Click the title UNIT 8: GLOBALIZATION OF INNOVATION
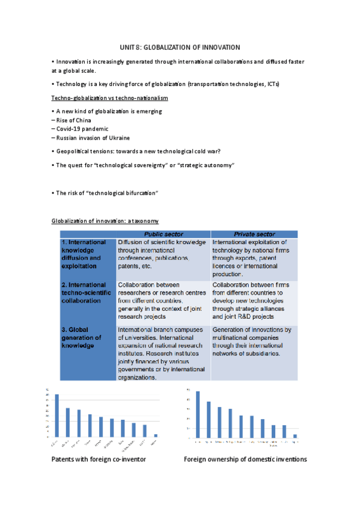(x=180, y=47)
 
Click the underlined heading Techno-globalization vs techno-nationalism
(x=110, y=97)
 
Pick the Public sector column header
(x=162, y=234)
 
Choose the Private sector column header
(x=254, y=234)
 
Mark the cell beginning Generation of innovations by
(x=254, y=342)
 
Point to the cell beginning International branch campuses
(x=162, y=354)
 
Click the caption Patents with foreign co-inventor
(x=99, y=459)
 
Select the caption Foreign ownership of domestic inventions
(x=245, y=459)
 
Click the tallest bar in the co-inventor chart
(x=57, y=415)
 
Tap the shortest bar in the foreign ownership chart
(x=295, y=435)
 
